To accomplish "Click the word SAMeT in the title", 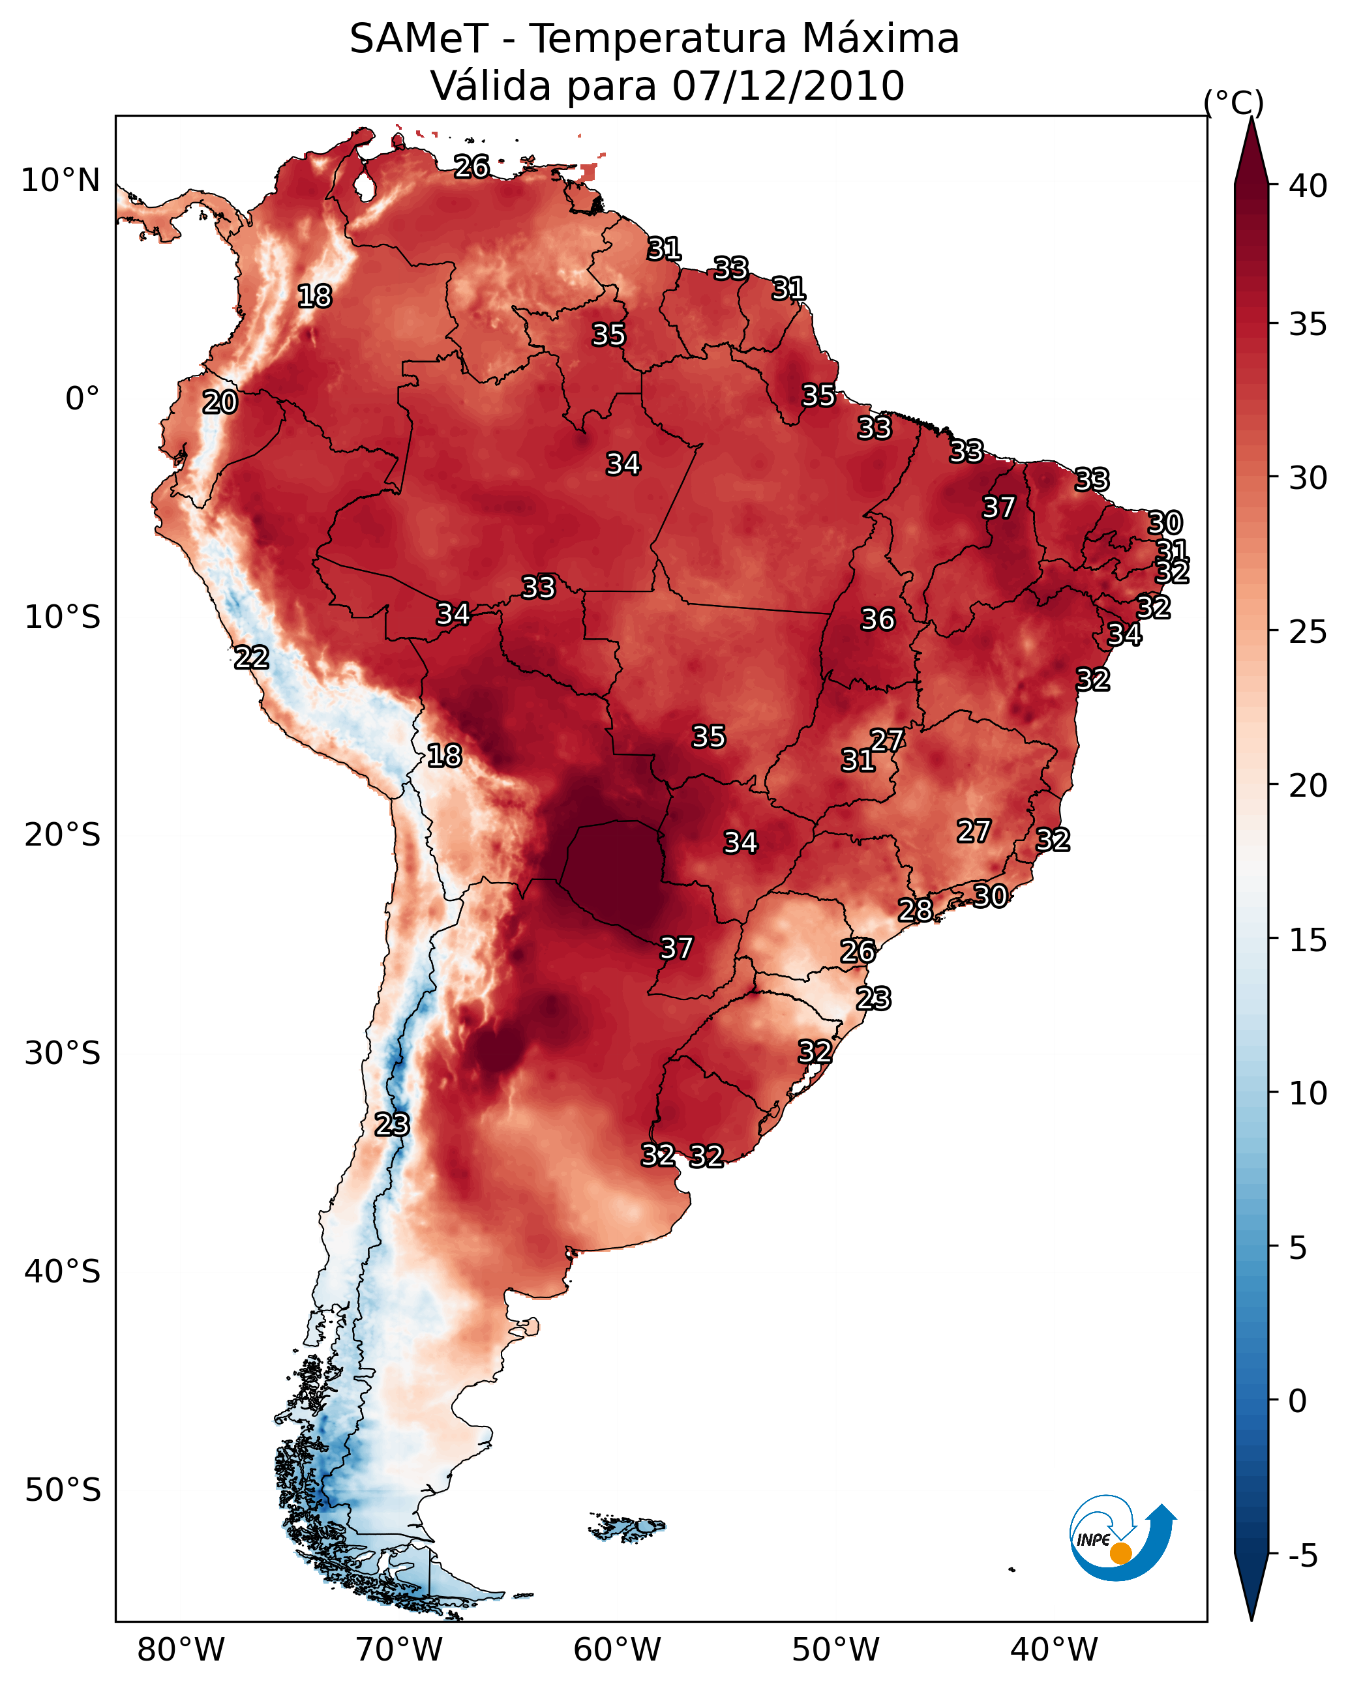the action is coord(419,38).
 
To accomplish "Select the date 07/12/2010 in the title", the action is coord(788,86).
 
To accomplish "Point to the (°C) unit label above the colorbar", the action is coord(1233,103).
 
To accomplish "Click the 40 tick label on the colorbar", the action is coord(1308,186).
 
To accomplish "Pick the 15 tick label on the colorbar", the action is coord(1308,940).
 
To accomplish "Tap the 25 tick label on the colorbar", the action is coord(1308,632).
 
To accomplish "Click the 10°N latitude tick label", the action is coord(60,181).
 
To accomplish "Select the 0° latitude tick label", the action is coord(82,399).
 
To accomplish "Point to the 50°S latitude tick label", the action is coord(63,1490).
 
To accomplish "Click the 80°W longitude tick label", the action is coord(181,1649).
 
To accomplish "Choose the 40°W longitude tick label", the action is coord(1054,1649).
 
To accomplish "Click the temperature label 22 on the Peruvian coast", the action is coord(252,658).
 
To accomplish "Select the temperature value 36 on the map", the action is coord(878,619).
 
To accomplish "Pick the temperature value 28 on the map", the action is coord(916,910).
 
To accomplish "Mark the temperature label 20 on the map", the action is coord(220,403).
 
